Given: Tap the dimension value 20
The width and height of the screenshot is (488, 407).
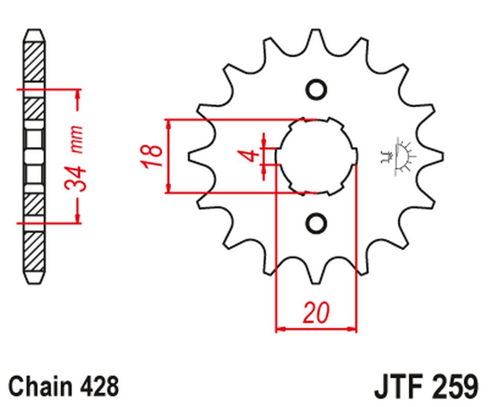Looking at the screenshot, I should [316, 313].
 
